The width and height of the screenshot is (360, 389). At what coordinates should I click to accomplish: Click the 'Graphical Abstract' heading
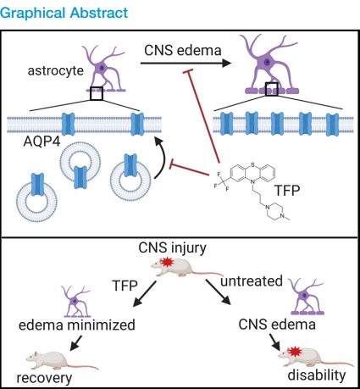(x=64, y=13)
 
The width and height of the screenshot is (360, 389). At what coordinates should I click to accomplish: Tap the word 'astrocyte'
(x=56, y=70)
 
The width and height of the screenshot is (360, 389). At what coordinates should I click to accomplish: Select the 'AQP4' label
(x=42, y=141)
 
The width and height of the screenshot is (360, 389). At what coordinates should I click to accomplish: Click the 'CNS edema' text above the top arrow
(x=183, y=51)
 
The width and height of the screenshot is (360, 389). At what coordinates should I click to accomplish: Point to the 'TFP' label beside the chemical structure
(x=287, y=191)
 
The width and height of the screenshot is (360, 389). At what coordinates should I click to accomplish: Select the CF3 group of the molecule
(x=222, y=181)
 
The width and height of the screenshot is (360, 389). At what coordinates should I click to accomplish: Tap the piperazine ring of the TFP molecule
(x=274, y=211)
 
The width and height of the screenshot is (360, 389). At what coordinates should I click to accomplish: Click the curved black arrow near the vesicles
(x=161, y=158)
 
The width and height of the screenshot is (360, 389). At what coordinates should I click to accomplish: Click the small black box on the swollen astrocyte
(x=272, y=89)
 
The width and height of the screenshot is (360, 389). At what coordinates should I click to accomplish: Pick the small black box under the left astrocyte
(x=97, y=93)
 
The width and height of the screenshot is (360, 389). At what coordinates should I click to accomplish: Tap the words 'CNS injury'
(x=172, y=248)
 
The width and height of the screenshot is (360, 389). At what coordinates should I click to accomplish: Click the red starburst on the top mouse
(x=167, y=262)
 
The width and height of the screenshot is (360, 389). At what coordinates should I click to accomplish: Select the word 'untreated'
(x=252, y=281)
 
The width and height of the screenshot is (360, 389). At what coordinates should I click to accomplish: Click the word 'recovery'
(x=44, y=378)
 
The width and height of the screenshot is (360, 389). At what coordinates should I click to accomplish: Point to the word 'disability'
(x=317, y=375)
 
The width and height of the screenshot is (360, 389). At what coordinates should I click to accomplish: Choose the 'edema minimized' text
(x=77, y=325)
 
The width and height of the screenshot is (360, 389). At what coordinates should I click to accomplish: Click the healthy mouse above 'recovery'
(x=62, y=360)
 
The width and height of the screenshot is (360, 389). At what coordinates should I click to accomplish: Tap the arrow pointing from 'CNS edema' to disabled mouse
(x=275, y=342)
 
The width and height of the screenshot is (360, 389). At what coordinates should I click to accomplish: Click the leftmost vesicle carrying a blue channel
(x=37, y=197)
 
